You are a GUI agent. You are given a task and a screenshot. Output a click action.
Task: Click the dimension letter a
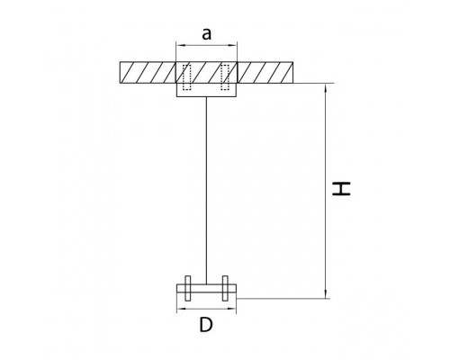(206, 34)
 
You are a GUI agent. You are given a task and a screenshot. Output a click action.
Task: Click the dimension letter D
(206, 327)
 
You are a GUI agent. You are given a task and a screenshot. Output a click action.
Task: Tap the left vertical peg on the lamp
(187, 290)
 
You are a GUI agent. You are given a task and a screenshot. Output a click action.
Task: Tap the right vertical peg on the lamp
(225, 290)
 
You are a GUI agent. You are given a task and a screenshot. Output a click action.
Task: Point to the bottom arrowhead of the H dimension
(326, 293)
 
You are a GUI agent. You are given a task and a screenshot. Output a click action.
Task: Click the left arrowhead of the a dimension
(178, 44)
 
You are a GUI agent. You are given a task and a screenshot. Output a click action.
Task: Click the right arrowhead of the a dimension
(235, 44)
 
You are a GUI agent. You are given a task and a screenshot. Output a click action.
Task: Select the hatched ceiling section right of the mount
(265, 71)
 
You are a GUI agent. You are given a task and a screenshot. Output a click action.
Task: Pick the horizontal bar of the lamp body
(206, 290)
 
